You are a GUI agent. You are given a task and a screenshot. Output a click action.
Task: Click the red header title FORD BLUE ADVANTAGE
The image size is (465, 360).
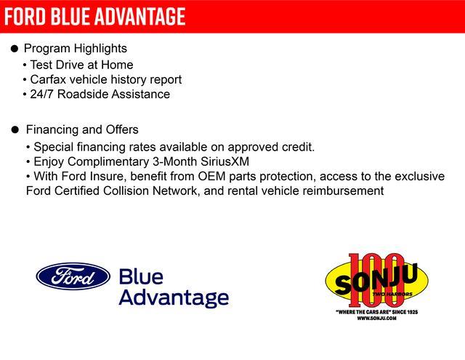pos(94,16)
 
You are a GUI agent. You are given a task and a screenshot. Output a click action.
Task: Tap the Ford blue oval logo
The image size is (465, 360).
pos(73,276)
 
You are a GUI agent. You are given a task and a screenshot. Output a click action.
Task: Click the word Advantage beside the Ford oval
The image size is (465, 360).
pos(173,297)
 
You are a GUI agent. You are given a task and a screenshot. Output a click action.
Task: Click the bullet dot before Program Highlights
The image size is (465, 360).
pos(14,49)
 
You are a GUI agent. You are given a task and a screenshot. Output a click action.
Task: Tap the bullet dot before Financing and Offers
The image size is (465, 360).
pos(14,130)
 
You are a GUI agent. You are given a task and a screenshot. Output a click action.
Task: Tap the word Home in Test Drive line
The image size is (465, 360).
pos(117,64)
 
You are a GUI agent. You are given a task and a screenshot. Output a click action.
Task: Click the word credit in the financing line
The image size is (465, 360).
pos(296,147)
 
